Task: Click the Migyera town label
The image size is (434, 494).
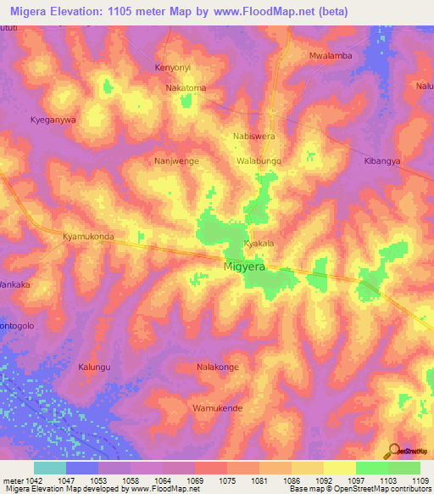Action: tap(244, 267)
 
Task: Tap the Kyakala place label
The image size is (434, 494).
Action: tap(259, 244)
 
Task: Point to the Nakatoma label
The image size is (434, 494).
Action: tap(186, 87)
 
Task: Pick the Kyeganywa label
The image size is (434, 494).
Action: tap(53, 120)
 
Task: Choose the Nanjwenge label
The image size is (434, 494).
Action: tap(176, 160)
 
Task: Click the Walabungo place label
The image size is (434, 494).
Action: tap(259, 160)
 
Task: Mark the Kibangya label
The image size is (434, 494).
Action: tap(382, 160)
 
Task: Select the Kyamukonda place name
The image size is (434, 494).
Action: tap(88, 237)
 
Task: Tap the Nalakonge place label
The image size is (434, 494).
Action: tap(217, 368)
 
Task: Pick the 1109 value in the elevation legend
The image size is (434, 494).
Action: tap(420, 480)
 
